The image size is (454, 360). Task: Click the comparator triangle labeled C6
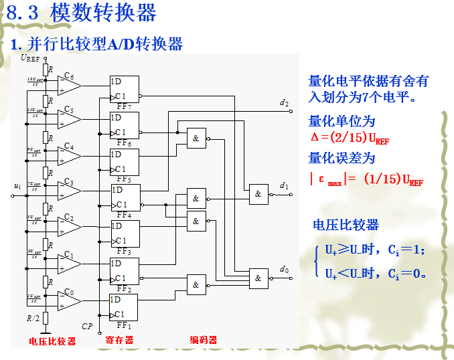tap(69, 86)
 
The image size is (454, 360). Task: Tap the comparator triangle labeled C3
tap(69, 195)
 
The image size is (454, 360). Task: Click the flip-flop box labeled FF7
tap(125, 89)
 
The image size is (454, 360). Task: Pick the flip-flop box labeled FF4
tap(125, 198)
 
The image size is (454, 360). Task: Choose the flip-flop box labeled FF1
tap(125, 307)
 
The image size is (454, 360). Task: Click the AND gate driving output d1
tap(258, 194)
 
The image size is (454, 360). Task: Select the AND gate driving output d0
tap(258, 276)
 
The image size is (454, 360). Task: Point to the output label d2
tap(285, 102)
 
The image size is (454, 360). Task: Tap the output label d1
tap(285, 185)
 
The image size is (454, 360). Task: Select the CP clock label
tap(87, 326)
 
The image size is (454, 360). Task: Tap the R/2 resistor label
tap(33, 318)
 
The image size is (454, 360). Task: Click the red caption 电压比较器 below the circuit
tap(52, 341)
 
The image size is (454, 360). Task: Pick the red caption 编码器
tap(204, 340)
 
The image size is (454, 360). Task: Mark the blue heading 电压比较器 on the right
tap(346, 225)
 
